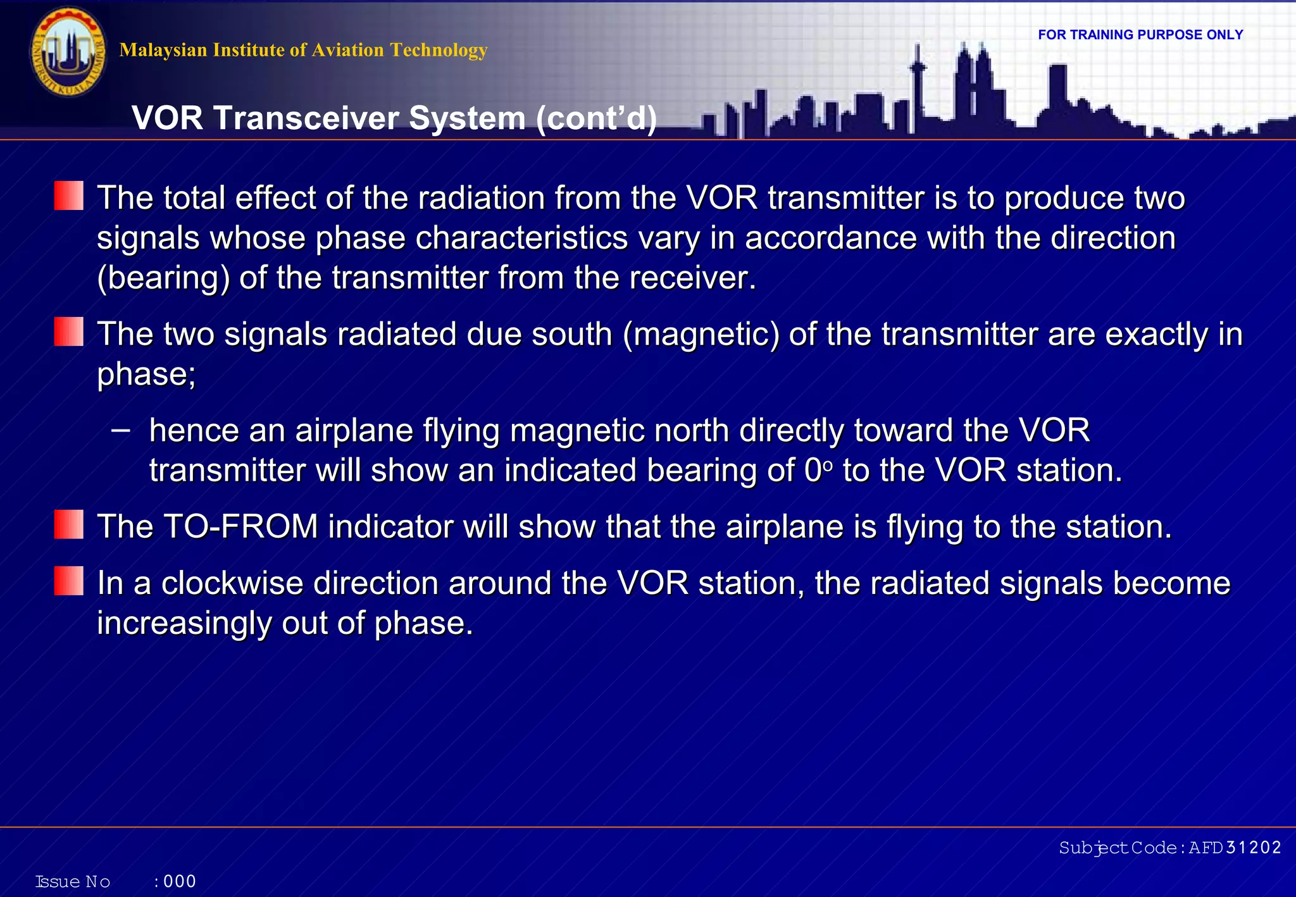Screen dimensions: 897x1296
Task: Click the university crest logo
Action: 68,53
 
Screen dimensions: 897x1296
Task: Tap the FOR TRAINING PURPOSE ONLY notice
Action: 1140,35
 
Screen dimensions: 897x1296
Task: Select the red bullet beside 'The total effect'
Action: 68,195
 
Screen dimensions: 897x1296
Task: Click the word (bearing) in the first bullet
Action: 163,278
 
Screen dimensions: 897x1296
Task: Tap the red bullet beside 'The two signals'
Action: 68,332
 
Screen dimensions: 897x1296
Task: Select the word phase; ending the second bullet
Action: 146,374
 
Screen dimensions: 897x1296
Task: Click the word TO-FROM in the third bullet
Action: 240,527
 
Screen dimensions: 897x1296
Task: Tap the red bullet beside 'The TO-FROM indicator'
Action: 68,524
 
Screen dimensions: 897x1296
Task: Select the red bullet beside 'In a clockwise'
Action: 68,581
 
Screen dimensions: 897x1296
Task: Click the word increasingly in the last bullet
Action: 184,624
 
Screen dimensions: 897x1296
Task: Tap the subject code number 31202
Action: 1253,848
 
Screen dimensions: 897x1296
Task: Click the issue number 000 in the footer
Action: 180,881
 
